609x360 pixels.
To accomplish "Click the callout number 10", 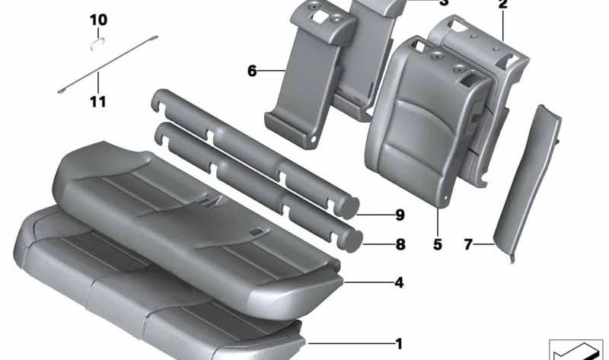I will (98, 19).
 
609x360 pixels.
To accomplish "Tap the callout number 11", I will (98, 101).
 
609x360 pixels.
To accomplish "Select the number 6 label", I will (252, 72).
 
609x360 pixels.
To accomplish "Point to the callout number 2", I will (502, 5).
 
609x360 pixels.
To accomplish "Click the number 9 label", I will (400, 215).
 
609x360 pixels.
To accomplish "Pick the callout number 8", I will (400, 245).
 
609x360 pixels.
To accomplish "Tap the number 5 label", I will (437, 245).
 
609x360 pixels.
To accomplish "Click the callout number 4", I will (398, 283).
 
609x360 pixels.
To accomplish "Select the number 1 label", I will (398, 344).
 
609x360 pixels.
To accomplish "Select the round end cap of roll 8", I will (351, 240).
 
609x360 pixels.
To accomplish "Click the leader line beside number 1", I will (350, 344).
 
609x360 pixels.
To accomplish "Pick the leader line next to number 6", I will (271, 72).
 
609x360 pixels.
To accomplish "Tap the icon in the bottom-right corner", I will (574, 348).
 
